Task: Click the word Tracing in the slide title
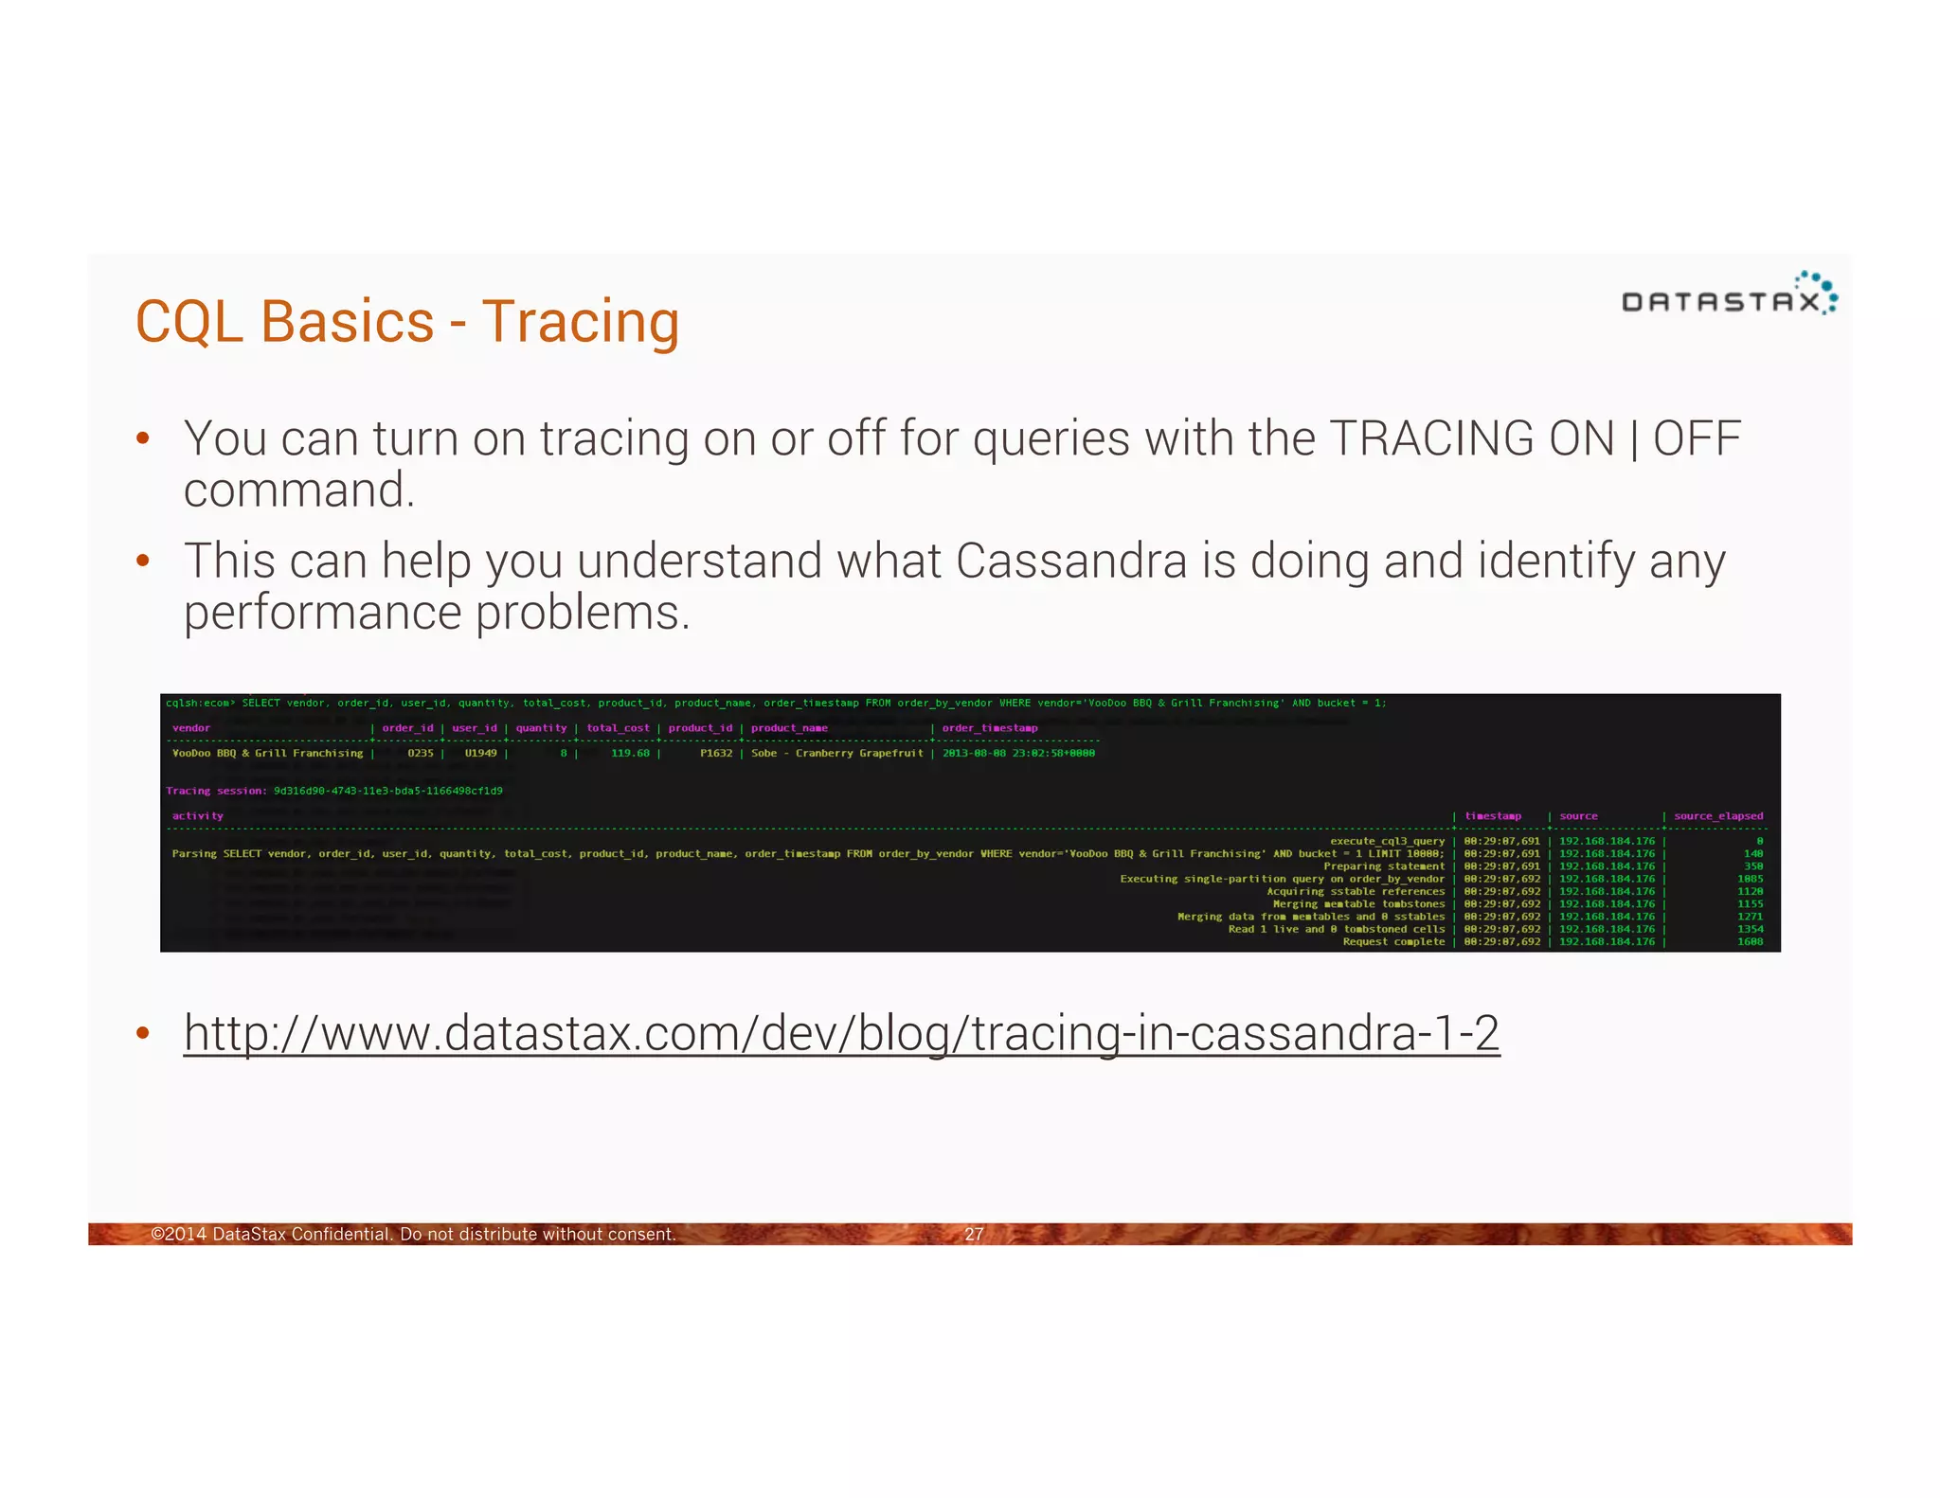(580, 323)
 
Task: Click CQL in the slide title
(189, 323)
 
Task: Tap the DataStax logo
(1729, 294)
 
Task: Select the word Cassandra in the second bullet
(1070, 561)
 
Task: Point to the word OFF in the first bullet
(1697, 439)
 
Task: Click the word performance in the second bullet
(322, 613)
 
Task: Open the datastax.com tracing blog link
(841, 1033)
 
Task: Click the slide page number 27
(974, 1234)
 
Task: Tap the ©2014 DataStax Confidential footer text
(413, 1234)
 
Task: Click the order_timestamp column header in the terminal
(990, 728)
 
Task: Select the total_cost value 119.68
(630, 753)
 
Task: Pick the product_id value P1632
(716, 753)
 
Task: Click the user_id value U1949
(480, 753)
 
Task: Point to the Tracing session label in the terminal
(216, 791)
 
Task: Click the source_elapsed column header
(1718, 816)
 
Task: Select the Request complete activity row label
(1393, 941)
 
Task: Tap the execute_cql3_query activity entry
(1387, 841)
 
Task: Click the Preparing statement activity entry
(1384, 866)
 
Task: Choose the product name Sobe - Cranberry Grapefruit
(836, 753)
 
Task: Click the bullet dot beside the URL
(143, 1033)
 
